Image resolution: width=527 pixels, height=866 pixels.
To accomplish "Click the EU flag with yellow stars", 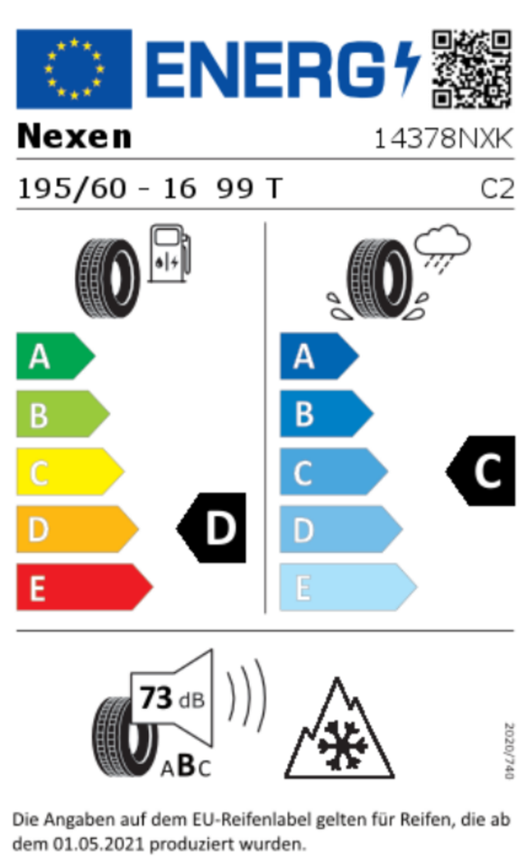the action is coord(74,69).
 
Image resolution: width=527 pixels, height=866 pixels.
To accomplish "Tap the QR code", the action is coord(472,69).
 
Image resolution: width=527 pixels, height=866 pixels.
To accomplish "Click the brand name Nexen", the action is coord(75,136).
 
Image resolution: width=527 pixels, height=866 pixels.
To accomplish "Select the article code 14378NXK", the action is coord(444,139).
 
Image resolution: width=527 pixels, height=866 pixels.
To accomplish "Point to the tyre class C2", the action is coord(497,189).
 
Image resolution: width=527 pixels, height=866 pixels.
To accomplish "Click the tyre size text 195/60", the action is coord(72,189).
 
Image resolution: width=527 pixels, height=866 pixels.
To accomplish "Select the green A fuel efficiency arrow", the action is coord(56,356).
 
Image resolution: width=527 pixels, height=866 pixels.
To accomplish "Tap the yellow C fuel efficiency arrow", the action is coord(70,472).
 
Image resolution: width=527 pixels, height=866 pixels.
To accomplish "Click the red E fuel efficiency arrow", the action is coord(85,587).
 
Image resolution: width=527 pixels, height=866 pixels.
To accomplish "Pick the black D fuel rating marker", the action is coord(211,528).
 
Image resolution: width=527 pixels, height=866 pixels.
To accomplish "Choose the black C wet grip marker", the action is coord(481,471).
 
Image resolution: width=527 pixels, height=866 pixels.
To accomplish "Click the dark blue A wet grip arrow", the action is coord(319,356).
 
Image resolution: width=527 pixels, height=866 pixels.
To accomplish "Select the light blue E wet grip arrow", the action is coord(348,587).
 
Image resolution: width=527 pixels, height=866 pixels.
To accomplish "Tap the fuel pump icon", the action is coord(171,253).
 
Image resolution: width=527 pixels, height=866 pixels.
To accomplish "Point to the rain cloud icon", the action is coord(442,247).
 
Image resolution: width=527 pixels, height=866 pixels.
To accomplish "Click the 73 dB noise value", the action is coord(171,698).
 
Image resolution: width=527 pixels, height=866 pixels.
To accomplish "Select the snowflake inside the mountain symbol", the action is coord(343,744).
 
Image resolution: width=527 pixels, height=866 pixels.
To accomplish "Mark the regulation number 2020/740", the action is coord(509,751).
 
